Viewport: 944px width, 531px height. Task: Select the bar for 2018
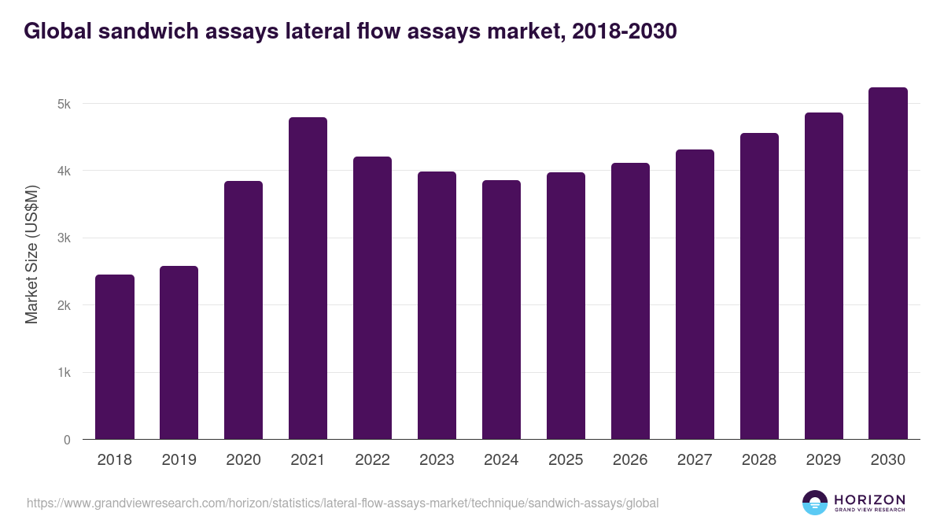[115, 357]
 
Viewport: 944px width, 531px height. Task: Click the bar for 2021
[308, 278]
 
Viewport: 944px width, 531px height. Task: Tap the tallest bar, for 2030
[888, 264]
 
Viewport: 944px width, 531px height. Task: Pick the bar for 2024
[501, 310]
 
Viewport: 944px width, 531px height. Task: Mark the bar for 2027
[695, 294]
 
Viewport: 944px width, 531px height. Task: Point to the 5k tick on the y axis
[64, 104]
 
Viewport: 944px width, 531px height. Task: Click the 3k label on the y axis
[64, 238]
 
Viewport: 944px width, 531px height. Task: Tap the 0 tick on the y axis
[67, 440]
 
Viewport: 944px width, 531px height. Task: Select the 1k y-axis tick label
[64, 373]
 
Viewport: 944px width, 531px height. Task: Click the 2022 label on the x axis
[372, 460]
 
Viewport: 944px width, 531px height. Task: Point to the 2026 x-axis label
[630, 460]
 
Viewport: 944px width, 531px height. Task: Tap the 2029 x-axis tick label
[824, 460]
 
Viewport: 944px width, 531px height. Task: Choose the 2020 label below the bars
[243, 460]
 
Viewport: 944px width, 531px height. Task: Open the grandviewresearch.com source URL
[343, 503]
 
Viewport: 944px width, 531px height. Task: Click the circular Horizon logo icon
[815, 503]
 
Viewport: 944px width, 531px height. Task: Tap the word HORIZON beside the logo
[869, 499]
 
